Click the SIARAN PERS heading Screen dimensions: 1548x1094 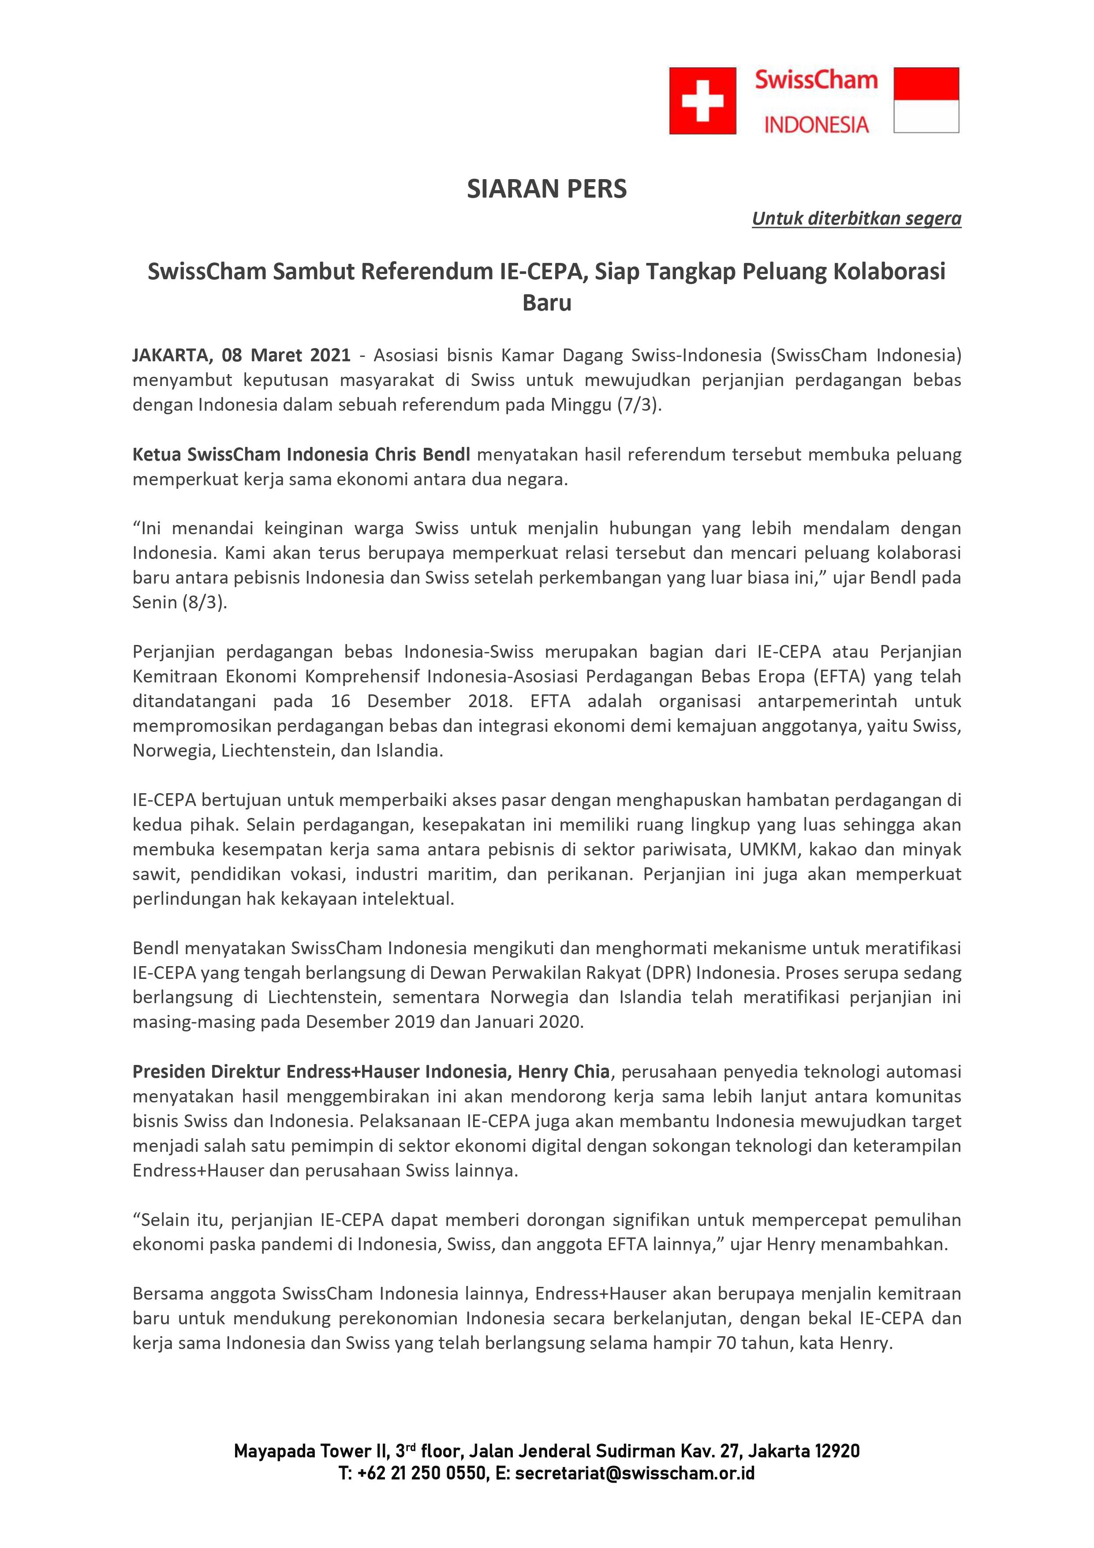point(547,189)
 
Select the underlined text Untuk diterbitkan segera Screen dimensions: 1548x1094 point(856,218)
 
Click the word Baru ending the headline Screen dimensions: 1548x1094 point(547,303)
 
